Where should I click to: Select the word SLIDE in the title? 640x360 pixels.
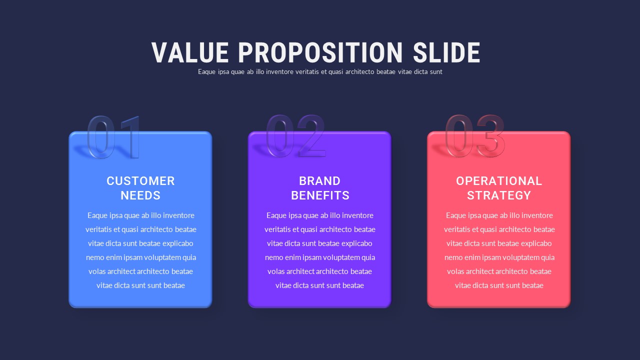446,52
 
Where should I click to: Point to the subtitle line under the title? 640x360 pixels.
320,71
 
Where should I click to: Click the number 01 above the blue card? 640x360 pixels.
114,137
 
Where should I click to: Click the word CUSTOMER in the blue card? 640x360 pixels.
140,181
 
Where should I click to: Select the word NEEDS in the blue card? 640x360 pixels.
140,195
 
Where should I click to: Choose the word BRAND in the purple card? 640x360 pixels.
319,181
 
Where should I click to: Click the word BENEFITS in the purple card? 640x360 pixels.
320,195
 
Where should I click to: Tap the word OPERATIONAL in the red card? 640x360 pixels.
499,181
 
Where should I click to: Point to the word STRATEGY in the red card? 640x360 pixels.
499,195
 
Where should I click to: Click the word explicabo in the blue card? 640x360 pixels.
177,243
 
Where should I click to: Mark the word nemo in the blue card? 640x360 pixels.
95,257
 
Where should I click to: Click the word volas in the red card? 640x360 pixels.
455,271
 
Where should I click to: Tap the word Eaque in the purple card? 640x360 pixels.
276,215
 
